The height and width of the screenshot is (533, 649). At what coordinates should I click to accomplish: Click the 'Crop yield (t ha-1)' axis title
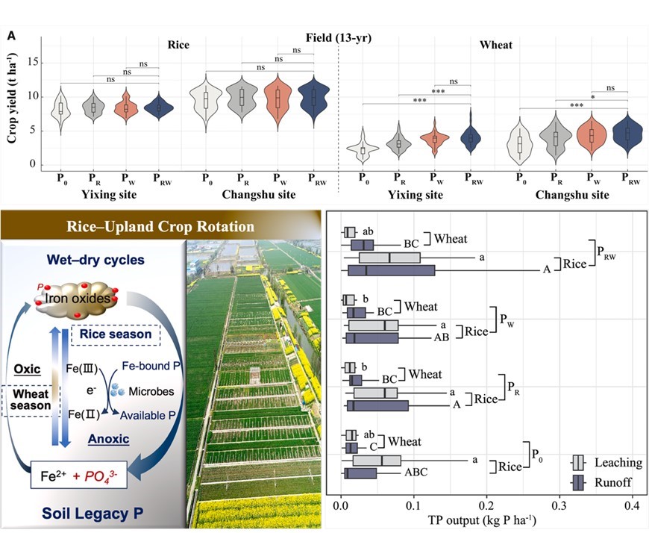13,105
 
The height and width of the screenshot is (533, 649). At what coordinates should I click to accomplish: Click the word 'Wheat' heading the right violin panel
496,45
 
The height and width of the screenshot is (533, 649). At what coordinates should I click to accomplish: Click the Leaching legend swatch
584,463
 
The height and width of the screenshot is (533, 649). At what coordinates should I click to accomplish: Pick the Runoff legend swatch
584,482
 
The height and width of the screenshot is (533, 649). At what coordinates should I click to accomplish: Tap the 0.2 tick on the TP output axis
486,505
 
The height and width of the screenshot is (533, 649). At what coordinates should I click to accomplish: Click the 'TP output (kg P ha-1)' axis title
486,520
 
